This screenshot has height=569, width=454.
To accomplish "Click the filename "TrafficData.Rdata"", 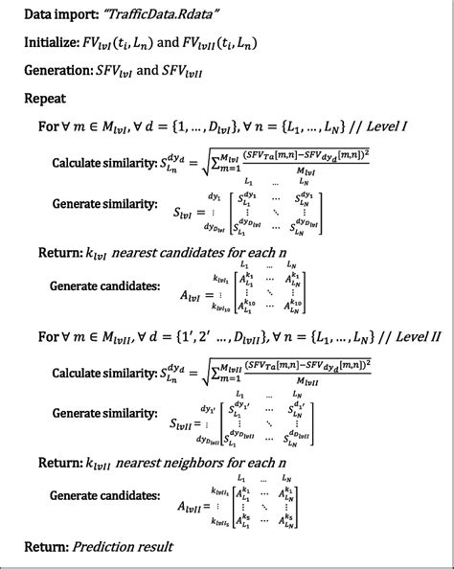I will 164,15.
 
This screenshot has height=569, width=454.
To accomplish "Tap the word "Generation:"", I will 63,71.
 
